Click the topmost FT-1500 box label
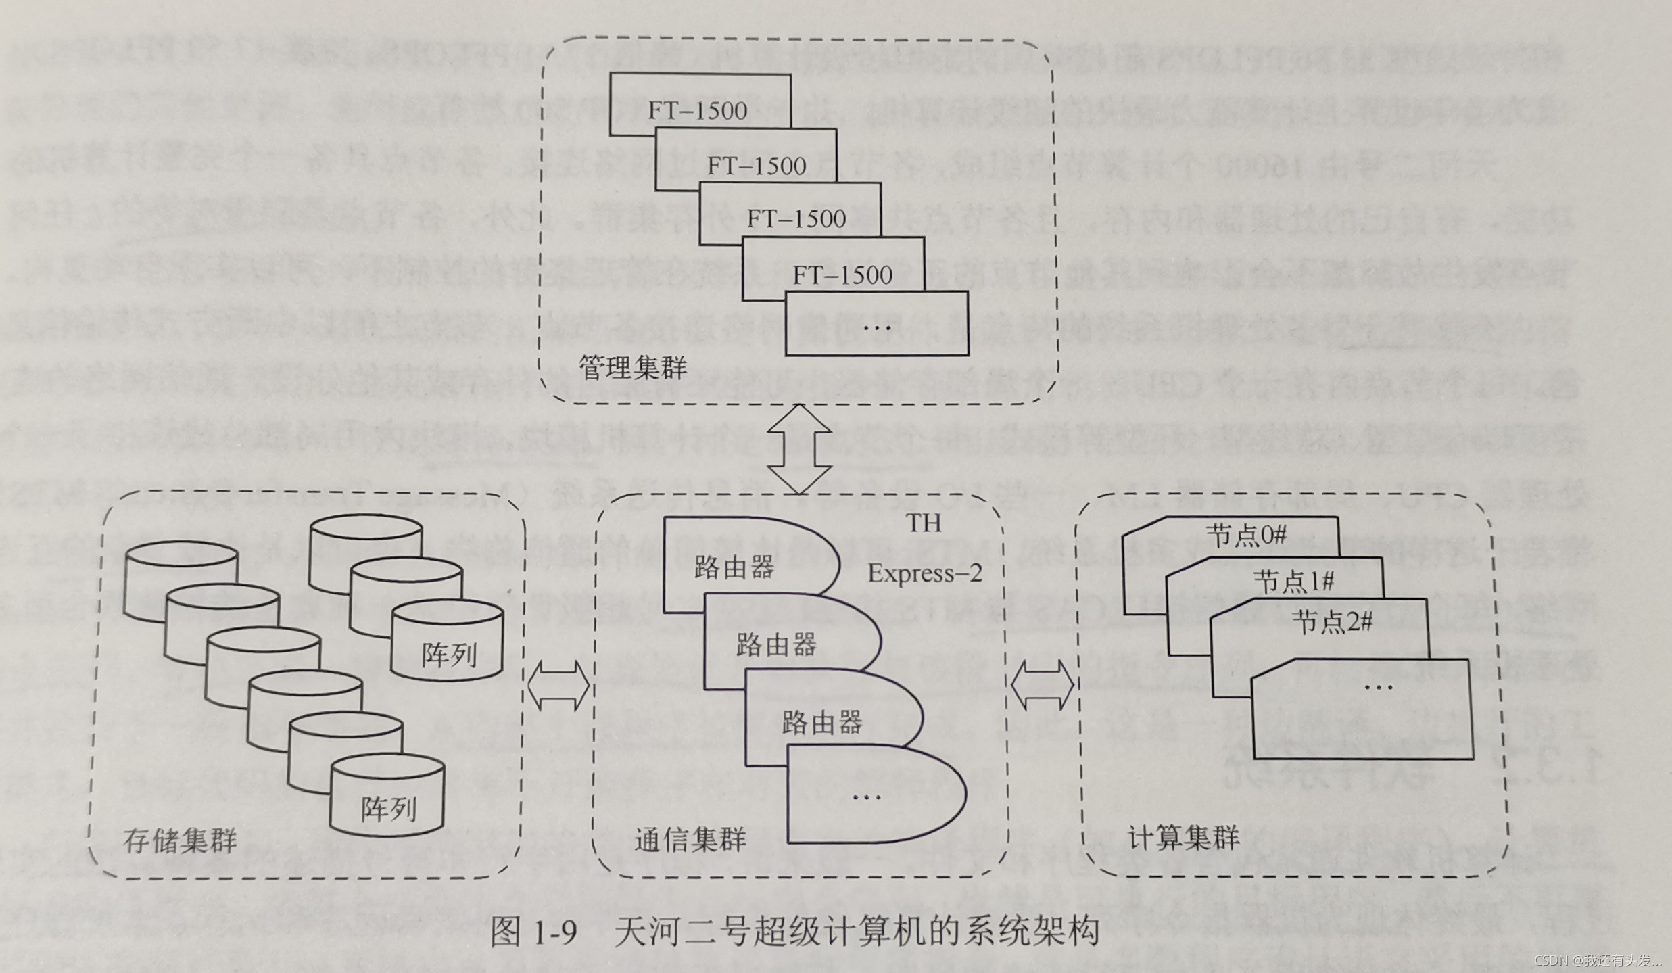tap(698, 111)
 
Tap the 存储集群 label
tap(180, 840)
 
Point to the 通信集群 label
tap(690, 839)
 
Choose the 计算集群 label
tap(1184, 838)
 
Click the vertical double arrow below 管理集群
tap(800, 450)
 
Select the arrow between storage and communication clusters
tap(558, 685)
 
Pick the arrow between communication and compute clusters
tap(1043, 684)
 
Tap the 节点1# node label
tap(1293, 581)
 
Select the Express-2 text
tap(925, 573)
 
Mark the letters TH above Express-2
tap(924, 523)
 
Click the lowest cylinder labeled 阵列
tap(387, 808)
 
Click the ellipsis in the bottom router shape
tap(867, 797)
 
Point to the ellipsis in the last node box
tap(1378, 688)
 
